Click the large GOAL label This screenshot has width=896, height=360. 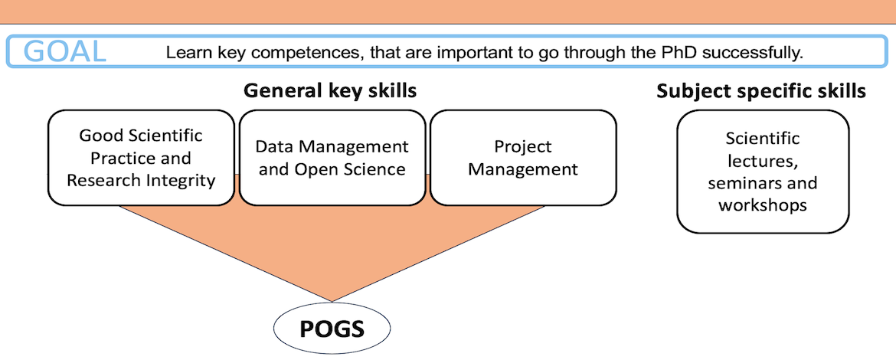tap(65, 51)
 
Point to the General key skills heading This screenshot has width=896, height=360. tap(330, 91)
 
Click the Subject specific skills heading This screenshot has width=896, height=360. tap(761, 91)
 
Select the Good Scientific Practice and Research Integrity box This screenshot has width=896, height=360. tap(141, 158)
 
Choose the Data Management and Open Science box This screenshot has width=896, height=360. tap(332, 158)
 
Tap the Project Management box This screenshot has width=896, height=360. tap(523, 158)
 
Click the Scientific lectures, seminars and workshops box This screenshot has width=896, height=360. tap(763, 172)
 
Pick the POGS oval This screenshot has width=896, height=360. tap(332, 329)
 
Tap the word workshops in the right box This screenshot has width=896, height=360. tap(763, 205)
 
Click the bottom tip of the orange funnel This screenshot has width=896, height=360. tap(332, 302)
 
